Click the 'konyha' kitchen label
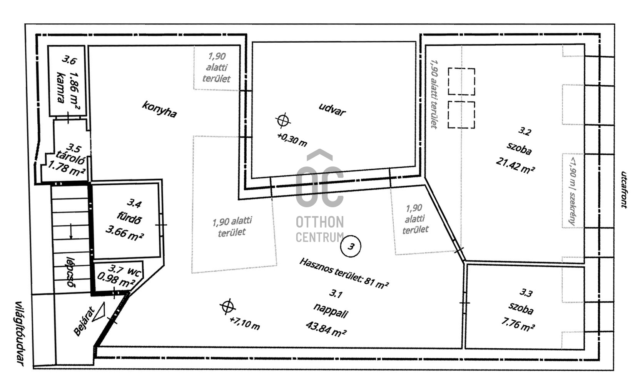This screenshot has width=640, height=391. [x=159, y=109]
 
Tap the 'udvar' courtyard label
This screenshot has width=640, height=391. [x=332, y=110]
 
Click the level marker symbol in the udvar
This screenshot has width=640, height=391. [x=283, y=120]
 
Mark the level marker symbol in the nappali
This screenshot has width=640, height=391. [x=227, y=307]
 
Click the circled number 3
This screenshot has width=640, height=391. [x=351, y=246]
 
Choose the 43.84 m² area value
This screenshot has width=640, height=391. [x=326, y=329]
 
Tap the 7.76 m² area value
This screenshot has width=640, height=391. [x=518, y=324]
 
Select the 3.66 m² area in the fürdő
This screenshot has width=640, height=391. [x=125, y=233]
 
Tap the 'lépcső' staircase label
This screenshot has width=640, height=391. [x=70, y=273]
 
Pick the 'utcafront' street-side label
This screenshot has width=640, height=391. [x=624, y=190]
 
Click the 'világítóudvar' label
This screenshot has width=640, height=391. [x=19, y=333]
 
